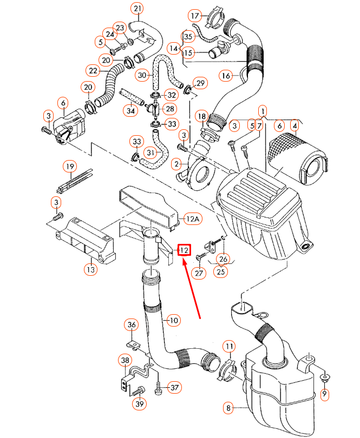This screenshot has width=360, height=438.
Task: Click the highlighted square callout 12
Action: coord(184,250)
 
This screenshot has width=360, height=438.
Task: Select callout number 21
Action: coord(138,9)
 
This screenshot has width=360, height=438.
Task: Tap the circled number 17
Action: coord(195,16)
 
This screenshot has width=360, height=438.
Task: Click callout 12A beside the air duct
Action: coord(193,219)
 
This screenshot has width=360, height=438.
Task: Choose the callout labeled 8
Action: coord(229,408)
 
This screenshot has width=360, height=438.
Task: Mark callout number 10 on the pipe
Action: coord(173,321)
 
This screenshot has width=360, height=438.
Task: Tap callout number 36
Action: coord(131,325)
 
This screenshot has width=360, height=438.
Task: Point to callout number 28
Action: coord(170,109)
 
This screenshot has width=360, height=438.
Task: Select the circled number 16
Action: coord(226,76)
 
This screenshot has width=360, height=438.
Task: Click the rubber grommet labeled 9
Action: coord(324,377)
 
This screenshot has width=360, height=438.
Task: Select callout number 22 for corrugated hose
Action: coord(93,71)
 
